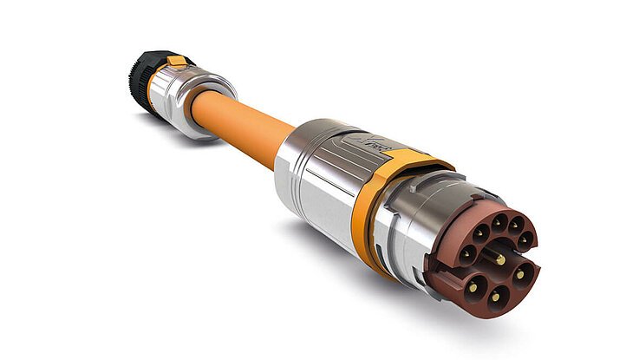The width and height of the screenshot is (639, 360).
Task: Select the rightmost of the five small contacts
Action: (525, 239)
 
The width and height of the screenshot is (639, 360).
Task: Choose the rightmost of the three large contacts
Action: (521, 274)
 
